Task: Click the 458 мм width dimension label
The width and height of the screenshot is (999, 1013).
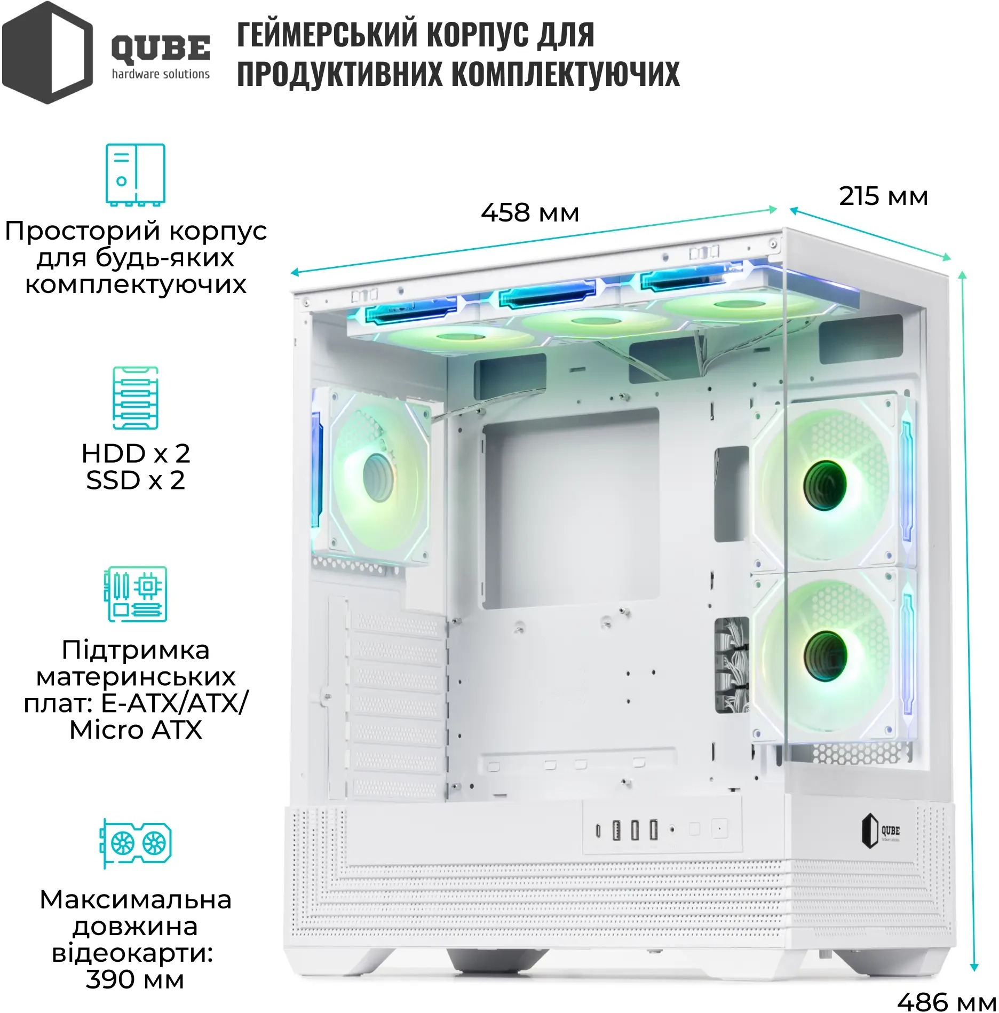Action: [x=530, y=212]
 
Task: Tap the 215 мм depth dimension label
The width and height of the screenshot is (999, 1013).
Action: [x=883, y=196]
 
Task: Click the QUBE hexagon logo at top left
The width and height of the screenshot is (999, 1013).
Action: [x=47, y=52]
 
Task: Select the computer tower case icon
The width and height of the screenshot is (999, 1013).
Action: [x=135, y=174]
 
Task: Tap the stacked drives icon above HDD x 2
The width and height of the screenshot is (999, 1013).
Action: [x=136, y=398]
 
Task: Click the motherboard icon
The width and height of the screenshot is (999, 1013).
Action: [x=136, y=594]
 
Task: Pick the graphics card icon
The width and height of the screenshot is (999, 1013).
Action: [x=136, y=843]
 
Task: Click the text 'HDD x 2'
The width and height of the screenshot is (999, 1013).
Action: [x=136, y=454]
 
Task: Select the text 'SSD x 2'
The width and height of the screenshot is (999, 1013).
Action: [x=136, y=480]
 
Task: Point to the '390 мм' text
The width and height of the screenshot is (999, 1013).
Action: [x=135, y=980]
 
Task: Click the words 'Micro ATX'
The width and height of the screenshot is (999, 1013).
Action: [x=136, y=730]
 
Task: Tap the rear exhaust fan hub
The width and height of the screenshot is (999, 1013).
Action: [x=378, y=476]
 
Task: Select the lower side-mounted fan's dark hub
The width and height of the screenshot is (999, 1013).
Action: [x=826, y=657]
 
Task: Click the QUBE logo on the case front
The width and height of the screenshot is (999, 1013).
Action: [x=881, y=832]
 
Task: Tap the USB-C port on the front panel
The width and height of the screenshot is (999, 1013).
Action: [x=598, y=832]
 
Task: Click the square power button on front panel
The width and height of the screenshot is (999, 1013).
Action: [x=719, y=829]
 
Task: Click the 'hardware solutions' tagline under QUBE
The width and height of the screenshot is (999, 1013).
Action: [x=161, y=74]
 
